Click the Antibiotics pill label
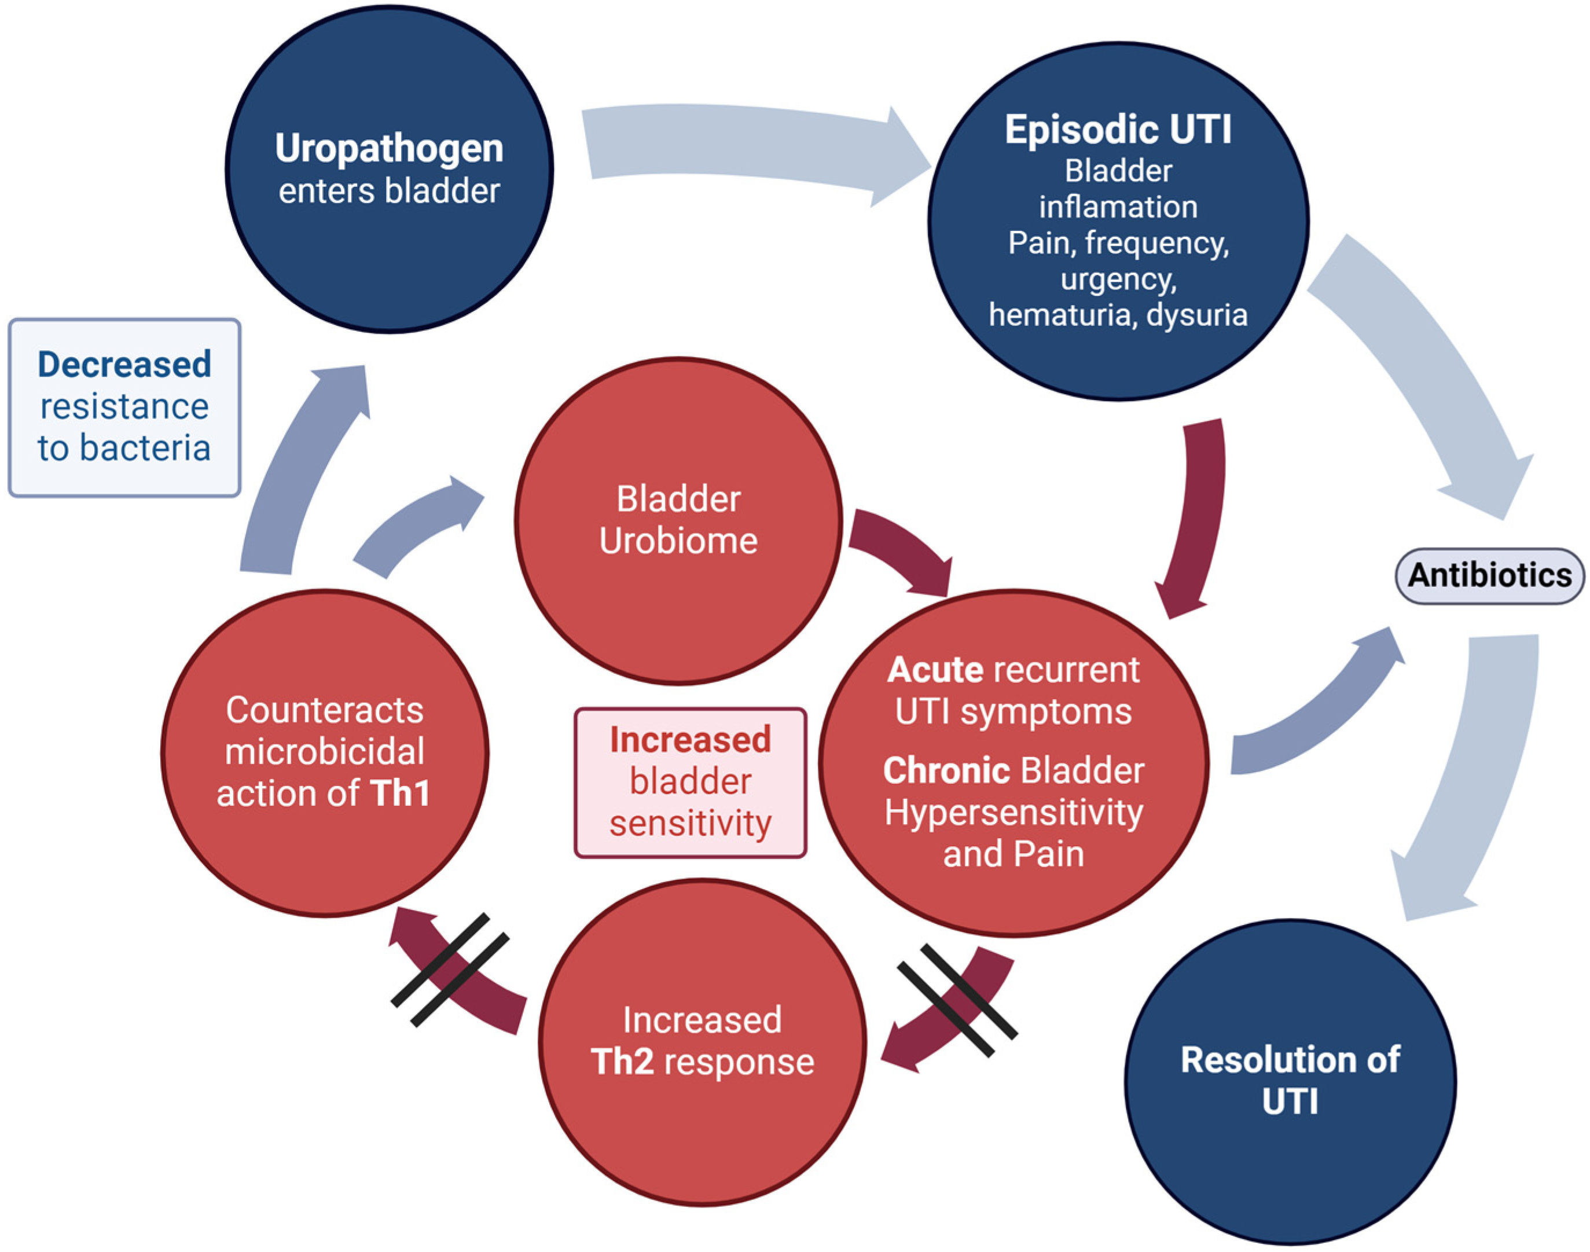[x=1489, y=575]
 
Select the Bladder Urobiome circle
[x=678, y=520]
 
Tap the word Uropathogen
[x=390, y=148]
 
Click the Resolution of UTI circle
[x=1290, y=1081]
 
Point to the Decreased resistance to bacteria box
[x=124, y=407]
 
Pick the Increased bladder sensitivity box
[x=691, y=782]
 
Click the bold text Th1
[x=399, y=793]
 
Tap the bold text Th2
[x=622, y=1062]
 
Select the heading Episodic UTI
[x=1118, y=130]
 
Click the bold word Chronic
[x=946, y=770]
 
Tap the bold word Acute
[x=935, y=670]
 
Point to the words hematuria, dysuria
[x=1117, y=315]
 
